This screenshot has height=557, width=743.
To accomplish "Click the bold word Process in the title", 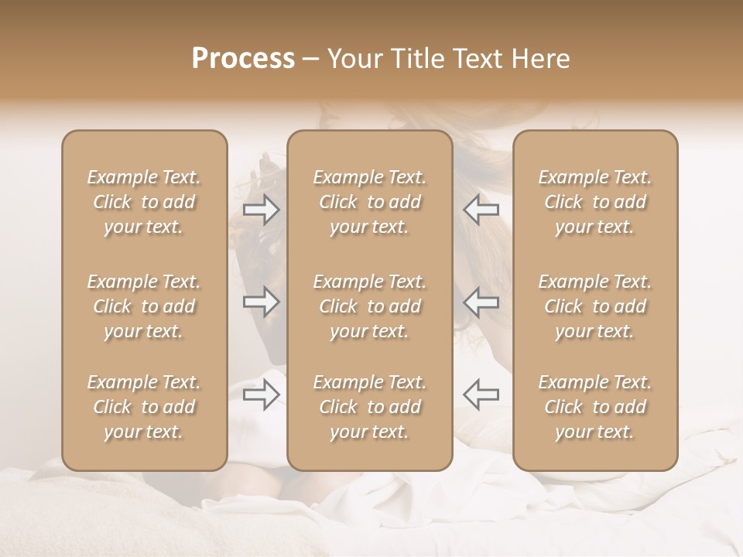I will [x=243, y=59].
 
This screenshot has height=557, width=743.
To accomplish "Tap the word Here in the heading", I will [x=537, y=59].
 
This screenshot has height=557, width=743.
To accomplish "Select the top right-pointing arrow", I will [x=261, y=210].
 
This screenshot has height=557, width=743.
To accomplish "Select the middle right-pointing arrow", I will [x=261, y=302].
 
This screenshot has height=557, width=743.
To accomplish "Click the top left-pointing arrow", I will [x=481, y=210].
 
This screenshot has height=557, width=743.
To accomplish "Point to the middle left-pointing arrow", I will [x=481, y=302].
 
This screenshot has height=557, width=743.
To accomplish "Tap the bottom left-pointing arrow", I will [x=481, y=393].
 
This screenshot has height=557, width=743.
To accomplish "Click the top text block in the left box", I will [x=144, y=202].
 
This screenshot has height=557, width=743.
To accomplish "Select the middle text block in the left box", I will [x=144, y=306].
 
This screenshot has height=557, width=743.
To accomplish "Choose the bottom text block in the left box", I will [x=144, y=407].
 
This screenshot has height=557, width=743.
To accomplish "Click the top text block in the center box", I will [x=369, y=202].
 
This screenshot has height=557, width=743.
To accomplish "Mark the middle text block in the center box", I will [x=369, y=306].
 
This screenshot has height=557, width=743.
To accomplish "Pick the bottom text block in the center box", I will [x=369, y=407].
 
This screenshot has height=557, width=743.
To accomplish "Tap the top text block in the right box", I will [x=594, y=202].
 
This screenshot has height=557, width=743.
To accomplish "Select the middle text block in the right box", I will [x=594, y=306].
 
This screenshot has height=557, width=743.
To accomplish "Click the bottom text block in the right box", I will [x=594, y=407].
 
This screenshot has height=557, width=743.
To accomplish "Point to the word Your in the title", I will [x=351, y=59].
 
